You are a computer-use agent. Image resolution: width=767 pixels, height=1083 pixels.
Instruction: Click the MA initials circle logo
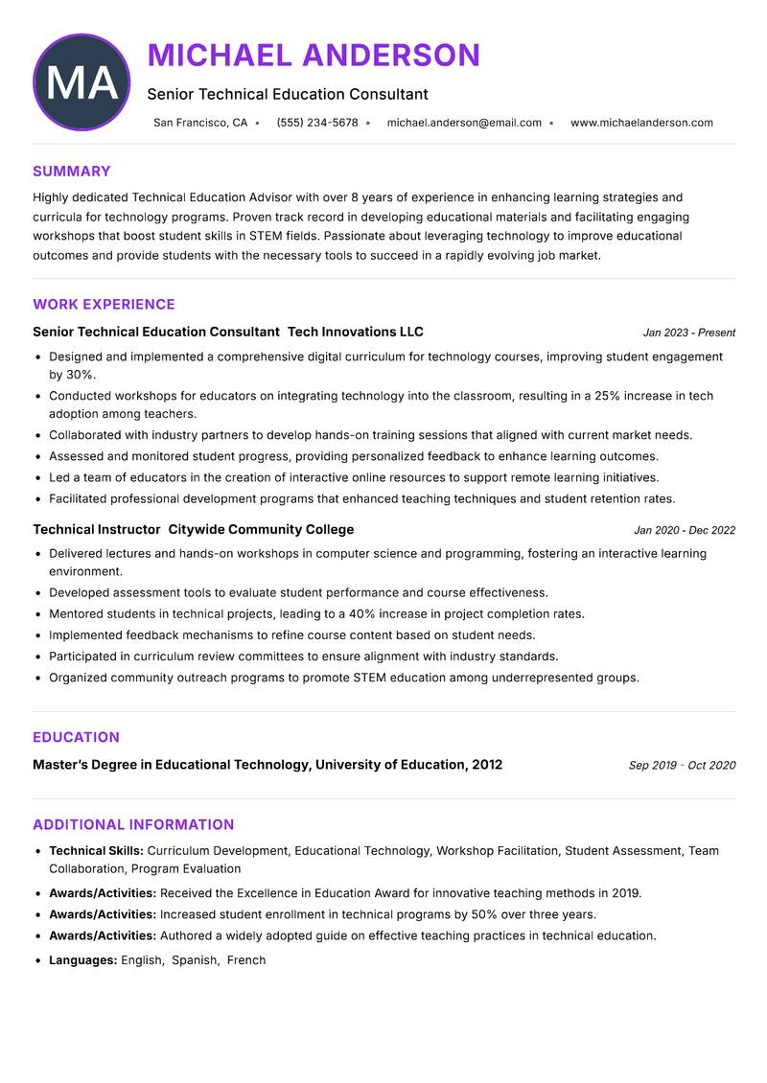coord(81,82)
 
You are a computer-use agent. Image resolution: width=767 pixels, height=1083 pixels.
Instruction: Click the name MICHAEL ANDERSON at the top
coord(314,55)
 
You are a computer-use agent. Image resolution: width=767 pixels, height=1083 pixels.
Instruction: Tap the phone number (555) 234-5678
coord(316,123)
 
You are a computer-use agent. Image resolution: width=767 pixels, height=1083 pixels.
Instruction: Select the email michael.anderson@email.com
coord(464,123)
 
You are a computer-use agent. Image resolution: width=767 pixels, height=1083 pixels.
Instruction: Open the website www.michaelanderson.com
coord(641,123)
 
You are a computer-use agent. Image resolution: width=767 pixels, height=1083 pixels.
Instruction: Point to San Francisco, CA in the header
coord(200,123)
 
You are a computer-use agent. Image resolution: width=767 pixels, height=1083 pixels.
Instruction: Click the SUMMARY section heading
coord(71,172)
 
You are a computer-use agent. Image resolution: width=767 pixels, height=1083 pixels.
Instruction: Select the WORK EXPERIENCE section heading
coord(104,305)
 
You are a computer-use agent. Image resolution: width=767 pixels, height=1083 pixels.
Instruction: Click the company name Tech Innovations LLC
coord(355,332)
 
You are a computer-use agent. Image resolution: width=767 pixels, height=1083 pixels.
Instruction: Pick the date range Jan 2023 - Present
coord(688,333)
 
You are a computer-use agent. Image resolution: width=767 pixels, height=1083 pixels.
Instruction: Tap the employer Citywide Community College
coord(261,529)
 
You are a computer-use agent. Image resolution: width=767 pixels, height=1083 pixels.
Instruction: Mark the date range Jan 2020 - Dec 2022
coord(684,530)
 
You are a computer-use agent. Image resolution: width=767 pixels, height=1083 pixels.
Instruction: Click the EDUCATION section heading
coord(76,737)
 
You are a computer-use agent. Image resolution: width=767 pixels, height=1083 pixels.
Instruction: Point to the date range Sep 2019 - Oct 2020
coord(682,766)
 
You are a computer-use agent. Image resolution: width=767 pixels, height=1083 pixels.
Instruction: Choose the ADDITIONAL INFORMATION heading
coord(133,824)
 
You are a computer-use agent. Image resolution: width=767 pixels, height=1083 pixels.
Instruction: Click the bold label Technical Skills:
coord(96,850)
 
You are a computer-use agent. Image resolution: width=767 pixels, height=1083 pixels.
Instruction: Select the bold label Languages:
coord(82,959)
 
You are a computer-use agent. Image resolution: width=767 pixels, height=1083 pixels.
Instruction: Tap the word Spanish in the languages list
coord(195,959)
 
